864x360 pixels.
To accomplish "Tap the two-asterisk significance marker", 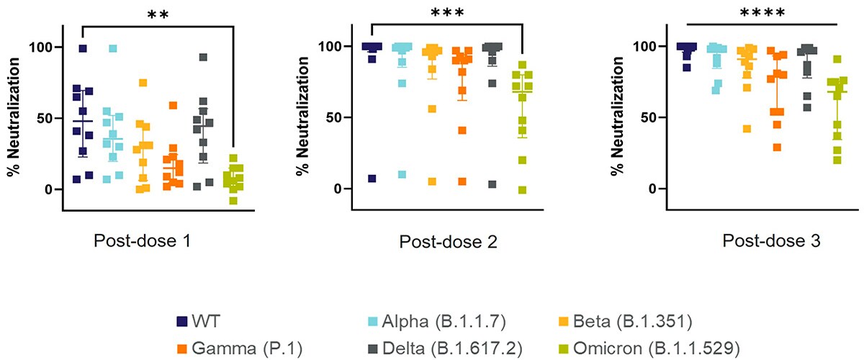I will [158, 15].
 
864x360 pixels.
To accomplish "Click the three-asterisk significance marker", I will [447, 13].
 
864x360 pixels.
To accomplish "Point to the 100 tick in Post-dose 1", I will [45, 48].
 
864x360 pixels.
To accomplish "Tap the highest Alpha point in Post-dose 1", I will [113, 48].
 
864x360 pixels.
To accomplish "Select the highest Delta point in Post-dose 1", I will [204, 57].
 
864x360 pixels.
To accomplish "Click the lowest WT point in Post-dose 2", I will [372, 179].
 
